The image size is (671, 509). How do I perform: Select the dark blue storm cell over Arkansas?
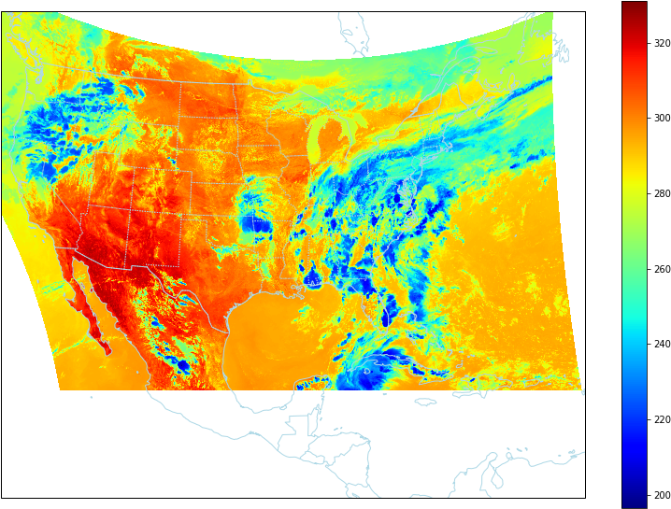(x=254, y=224)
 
